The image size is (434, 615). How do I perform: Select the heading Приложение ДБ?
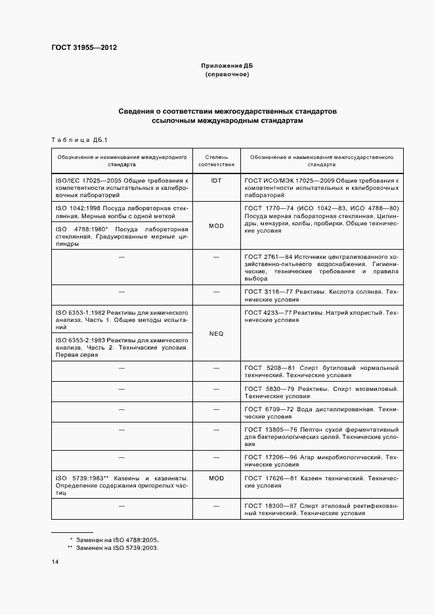click(227, 66)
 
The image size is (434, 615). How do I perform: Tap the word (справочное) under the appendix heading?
click(227, 75)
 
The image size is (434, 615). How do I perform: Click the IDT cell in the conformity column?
click(217, 179)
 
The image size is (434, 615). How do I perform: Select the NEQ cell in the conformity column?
click(217, 334)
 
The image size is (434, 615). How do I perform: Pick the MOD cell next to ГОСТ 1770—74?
click(217, 225)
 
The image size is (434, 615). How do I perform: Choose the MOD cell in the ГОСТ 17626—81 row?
click(217, 478)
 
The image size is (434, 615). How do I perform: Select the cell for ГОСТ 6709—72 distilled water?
click(321, 412)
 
